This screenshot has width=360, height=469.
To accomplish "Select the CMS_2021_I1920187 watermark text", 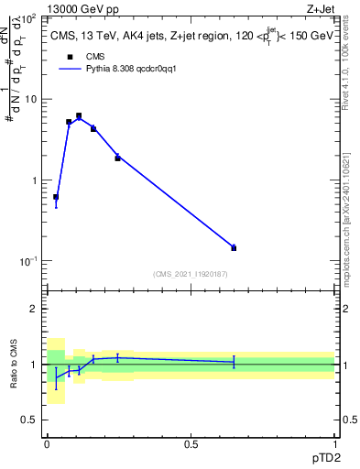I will pos(190,273).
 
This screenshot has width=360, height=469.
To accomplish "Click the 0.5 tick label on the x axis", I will pos(191,443).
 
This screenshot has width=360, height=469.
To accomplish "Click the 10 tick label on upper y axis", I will pos(30,99).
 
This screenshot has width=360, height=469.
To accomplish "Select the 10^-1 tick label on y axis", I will pos(27,261).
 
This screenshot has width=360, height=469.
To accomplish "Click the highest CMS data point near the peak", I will pos(79,115).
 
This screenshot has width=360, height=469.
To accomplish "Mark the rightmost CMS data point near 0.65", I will pos(234,247).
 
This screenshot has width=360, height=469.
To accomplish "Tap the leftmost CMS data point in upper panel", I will pos(56,197).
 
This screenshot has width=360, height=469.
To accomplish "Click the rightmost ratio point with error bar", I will pos(234,362).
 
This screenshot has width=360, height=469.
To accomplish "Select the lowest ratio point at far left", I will pos(56,377).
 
